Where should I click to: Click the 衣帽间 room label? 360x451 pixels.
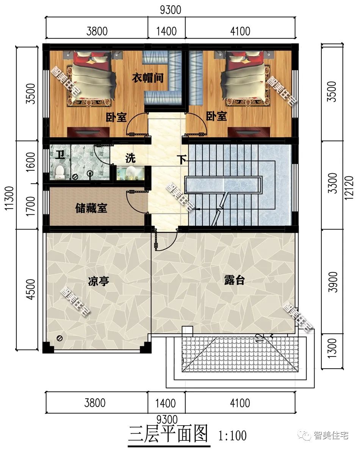[147, 78]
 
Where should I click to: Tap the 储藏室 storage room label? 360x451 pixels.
[91, 208]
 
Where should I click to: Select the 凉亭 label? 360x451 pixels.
[99, 281]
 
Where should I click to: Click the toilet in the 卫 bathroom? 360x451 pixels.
[59, 172]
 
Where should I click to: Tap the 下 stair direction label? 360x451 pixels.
[183, 160]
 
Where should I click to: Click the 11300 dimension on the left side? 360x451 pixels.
[11, 198]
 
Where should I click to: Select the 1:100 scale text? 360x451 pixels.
[232, 435]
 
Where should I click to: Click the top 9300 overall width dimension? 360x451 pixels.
[170, 10]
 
